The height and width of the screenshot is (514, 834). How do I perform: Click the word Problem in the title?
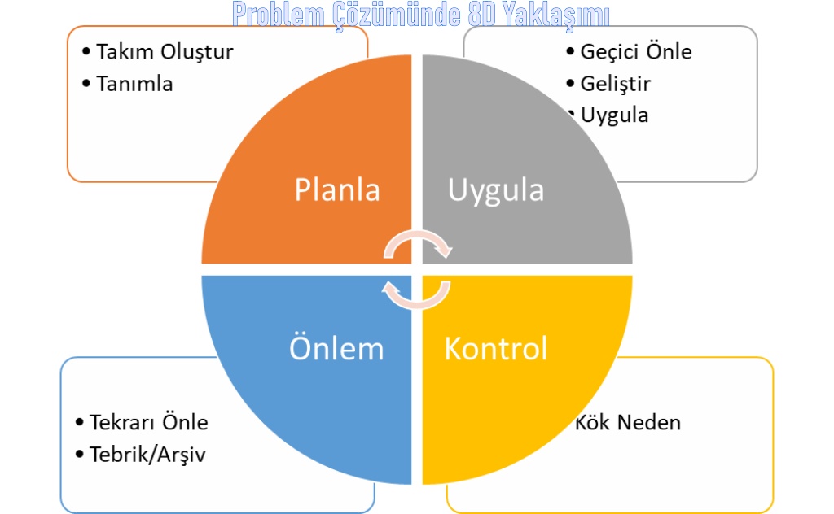[x=279, y=15]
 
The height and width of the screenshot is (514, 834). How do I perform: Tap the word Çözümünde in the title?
[x=397, y=15]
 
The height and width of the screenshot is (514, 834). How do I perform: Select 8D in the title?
[x=482, y=15]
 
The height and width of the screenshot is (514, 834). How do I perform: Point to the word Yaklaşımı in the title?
[x=556, y=15]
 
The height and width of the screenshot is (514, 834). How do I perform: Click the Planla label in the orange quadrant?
[x=337, y=189]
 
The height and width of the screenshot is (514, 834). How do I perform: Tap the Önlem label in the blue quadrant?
[x=336, y=348]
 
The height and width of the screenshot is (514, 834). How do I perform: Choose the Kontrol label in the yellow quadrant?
[x=496, y=349]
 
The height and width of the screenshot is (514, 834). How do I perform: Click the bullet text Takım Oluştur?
[x=165, y=52]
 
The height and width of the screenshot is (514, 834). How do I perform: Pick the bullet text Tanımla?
[x=134, y=84]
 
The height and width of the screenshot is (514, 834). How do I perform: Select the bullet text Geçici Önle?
[x=636, y=52]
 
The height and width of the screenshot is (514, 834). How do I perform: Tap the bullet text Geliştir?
[x=616, y=84]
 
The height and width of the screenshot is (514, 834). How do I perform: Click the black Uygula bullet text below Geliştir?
[x=614, y=116]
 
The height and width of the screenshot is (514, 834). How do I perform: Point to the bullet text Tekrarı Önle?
[x=148, y=422]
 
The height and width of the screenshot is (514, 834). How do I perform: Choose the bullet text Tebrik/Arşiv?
[x=147, y=455]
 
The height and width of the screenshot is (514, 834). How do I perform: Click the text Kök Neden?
[x=628, y=423]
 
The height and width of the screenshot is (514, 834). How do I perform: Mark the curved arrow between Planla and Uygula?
[x=418, y=234]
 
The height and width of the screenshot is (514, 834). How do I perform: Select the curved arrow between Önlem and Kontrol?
[x=416, y=304]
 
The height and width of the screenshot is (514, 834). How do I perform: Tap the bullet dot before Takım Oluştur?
[x=86, y=51]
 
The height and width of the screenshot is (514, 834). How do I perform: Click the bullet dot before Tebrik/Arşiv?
[x=80, y=454]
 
